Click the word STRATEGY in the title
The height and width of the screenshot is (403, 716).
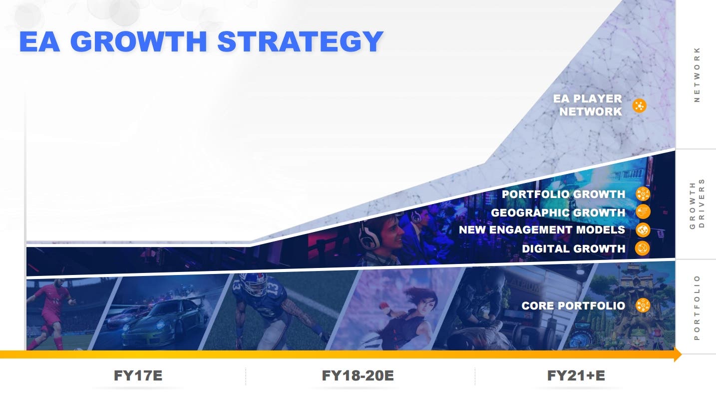pos(300,41)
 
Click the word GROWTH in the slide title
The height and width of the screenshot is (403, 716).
pos(138,41)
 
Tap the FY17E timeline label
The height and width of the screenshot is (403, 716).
pos(138,375)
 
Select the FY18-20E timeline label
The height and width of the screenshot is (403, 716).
pos(358,375)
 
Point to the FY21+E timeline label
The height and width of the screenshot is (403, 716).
pos(576,375)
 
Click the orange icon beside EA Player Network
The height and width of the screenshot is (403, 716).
pos(639,105)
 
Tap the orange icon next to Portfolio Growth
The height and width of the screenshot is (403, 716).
pos(643,194)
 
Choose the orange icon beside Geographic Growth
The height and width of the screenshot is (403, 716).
pos(643,212)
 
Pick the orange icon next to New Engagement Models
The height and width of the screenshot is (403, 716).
pos(643,230)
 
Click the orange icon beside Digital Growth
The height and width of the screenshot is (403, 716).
pos(643,248)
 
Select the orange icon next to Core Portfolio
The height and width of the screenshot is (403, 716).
pos(643,305)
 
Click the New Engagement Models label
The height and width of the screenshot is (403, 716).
pos(542,230)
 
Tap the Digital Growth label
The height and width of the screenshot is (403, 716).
pos(573,248)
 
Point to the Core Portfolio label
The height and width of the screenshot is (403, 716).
pos(573,305)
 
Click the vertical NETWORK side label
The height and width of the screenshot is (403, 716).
pos(697,74)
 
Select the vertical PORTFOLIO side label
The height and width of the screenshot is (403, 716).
pos(697,307)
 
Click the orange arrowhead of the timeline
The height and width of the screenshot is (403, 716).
pos(678,354)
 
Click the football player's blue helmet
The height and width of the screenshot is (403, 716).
pos(253,284)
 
